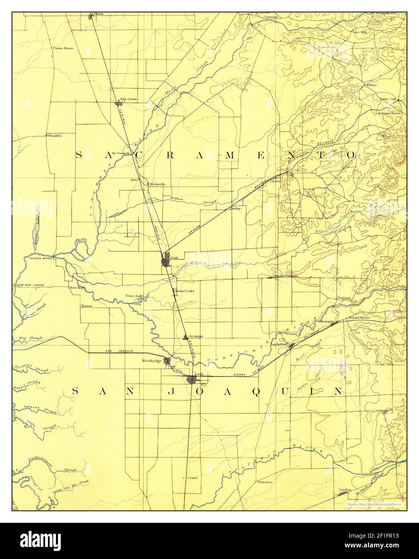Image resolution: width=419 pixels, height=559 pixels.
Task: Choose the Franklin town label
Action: pos(54,136)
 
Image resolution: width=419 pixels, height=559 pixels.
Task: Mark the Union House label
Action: pos(63,48)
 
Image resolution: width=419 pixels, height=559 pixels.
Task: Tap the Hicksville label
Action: pos(157,184)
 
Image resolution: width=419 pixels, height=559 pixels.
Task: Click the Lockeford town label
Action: pos(278,344)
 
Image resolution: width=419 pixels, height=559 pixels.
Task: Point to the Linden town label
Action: pos(345,489)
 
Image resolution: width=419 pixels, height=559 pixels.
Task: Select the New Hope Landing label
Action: pos(31,285)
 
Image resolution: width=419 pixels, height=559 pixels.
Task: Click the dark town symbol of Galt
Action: pos(166,261)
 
